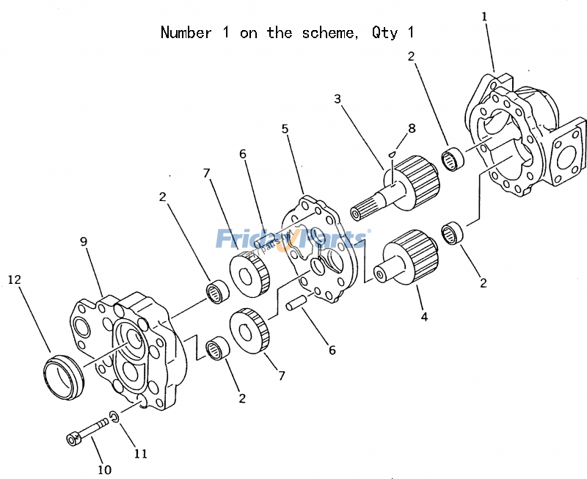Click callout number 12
pos(14,279)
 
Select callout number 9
pos(84,240)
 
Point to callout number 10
pos(104,469)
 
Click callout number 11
pos(140,454)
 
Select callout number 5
pos(285,129)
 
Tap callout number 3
pos(337,98)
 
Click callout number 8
pos(412,128)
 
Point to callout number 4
pos(424,317)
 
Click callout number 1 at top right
pos(484,15)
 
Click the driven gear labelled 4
pos(408,260)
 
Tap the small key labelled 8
pos(393,154)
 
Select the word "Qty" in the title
pos(383,33)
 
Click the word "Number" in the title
pos(186,33)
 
